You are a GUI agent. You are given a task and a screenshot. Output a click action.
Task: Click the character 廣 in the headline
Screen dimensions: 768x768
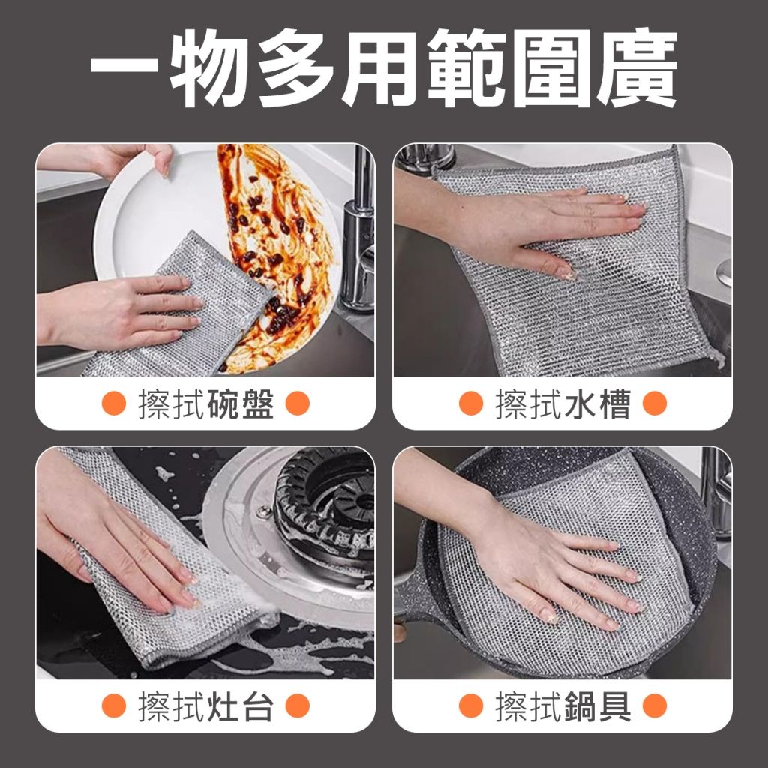(x=636, y=67)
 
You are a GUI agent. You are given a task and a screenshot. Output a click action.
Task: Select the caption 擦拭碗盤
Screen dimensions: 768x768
(x=205, y=404)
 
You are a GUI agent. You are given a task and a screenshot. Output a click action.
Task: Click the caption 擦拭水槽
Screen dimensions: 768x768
(x=562, y=404)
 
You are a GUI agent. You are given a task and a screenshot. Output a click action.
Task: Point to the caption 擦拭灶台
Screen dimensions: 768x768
(x=205, y=706)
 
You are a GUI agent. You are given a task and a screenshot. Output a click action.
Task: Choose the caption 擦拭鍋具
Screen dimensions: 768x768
(x=562, y=706)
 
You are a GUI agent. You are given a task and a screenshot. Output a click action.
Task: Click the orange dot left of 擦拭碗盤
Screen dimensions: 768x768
(x=114, y=403)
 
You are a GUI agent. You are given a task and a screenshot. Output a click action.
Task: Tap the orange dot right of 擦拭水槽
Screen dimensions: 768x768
(x=654, y=403)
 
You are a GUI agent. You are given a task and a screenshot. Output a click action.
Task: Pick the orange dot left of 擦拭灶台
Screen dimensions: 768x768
(x=114, y=706)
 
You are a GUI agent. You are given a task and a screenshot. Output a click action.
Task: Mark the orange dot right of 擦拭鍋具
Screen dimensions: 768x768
(x=654, y=706)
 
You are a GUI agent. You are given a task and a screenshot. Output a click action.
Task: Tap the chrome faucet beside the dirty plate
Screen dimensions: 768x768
(x=358, y=230)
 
